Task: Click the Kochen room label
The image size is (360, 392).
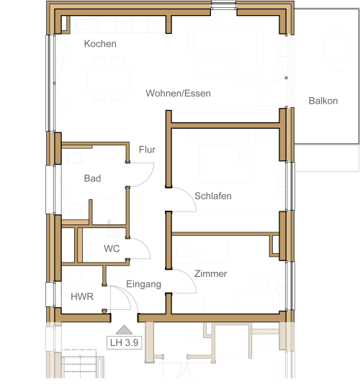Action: click(100, 44)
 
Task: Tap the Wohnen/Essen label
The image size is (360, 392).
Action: click(178, 94)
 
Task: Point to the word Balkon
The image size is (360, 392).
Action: click(323, 101)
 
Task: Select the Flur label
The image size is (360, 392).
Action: click(147, 150)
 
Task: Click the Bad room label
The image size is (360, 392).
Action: click(93, 178)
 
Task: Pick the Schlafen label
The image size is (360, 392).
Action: click(213, 196)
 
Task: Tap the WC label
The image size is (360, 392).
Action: click(112, 248)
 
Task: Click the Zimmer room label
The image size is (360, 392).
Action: click(211, 273)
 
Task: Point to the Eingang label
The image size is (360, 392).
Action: click(143, 284)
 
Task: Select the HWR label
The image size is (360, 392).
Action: click(82, 296)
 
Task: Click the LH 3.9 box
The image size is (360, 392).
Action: click(124, 342)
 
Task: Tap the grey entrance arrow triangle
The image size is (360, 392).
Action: click(124, 329)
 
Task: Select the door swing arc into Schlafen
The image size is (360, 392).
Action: click(189, 194)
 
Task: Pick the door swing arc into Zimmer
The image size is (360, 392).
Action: click(189, 276)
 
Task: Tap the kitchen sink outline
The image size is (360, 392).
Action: click(86, 24)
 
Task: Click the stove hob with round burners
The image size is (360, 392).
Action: click(124, 24)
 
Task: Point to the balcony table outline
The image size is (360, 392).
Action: click(337, 50)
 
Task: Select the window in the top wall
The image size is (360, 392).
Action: click(224, 5)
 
